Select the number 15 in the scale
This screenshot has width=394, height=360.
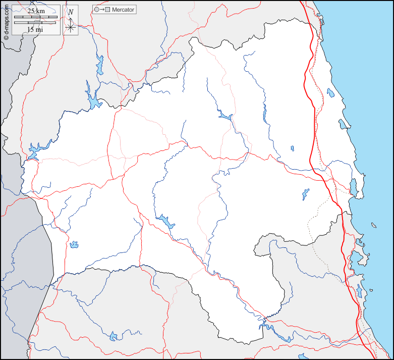click(30, 29)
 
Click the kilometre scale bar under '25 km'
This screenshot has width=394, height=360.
click(35, 17)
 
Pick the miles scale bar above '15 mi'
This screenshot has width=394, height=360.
click(35, 23)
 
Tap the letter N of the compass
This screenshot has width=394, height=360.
click(71, 12)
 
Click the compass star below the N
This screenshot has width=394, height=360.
click(71, 27)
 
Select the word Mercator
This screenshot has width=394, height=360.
click(123, 10)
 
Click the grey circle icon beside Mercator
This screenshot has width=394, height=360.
click(97, 10)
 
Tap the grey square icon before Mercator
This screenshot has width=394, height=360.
click(107, 10)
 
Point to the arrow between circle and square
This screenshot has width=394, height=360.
click(102, 10)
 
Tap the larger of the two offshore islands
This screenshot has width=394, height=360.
click(374, 225)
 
